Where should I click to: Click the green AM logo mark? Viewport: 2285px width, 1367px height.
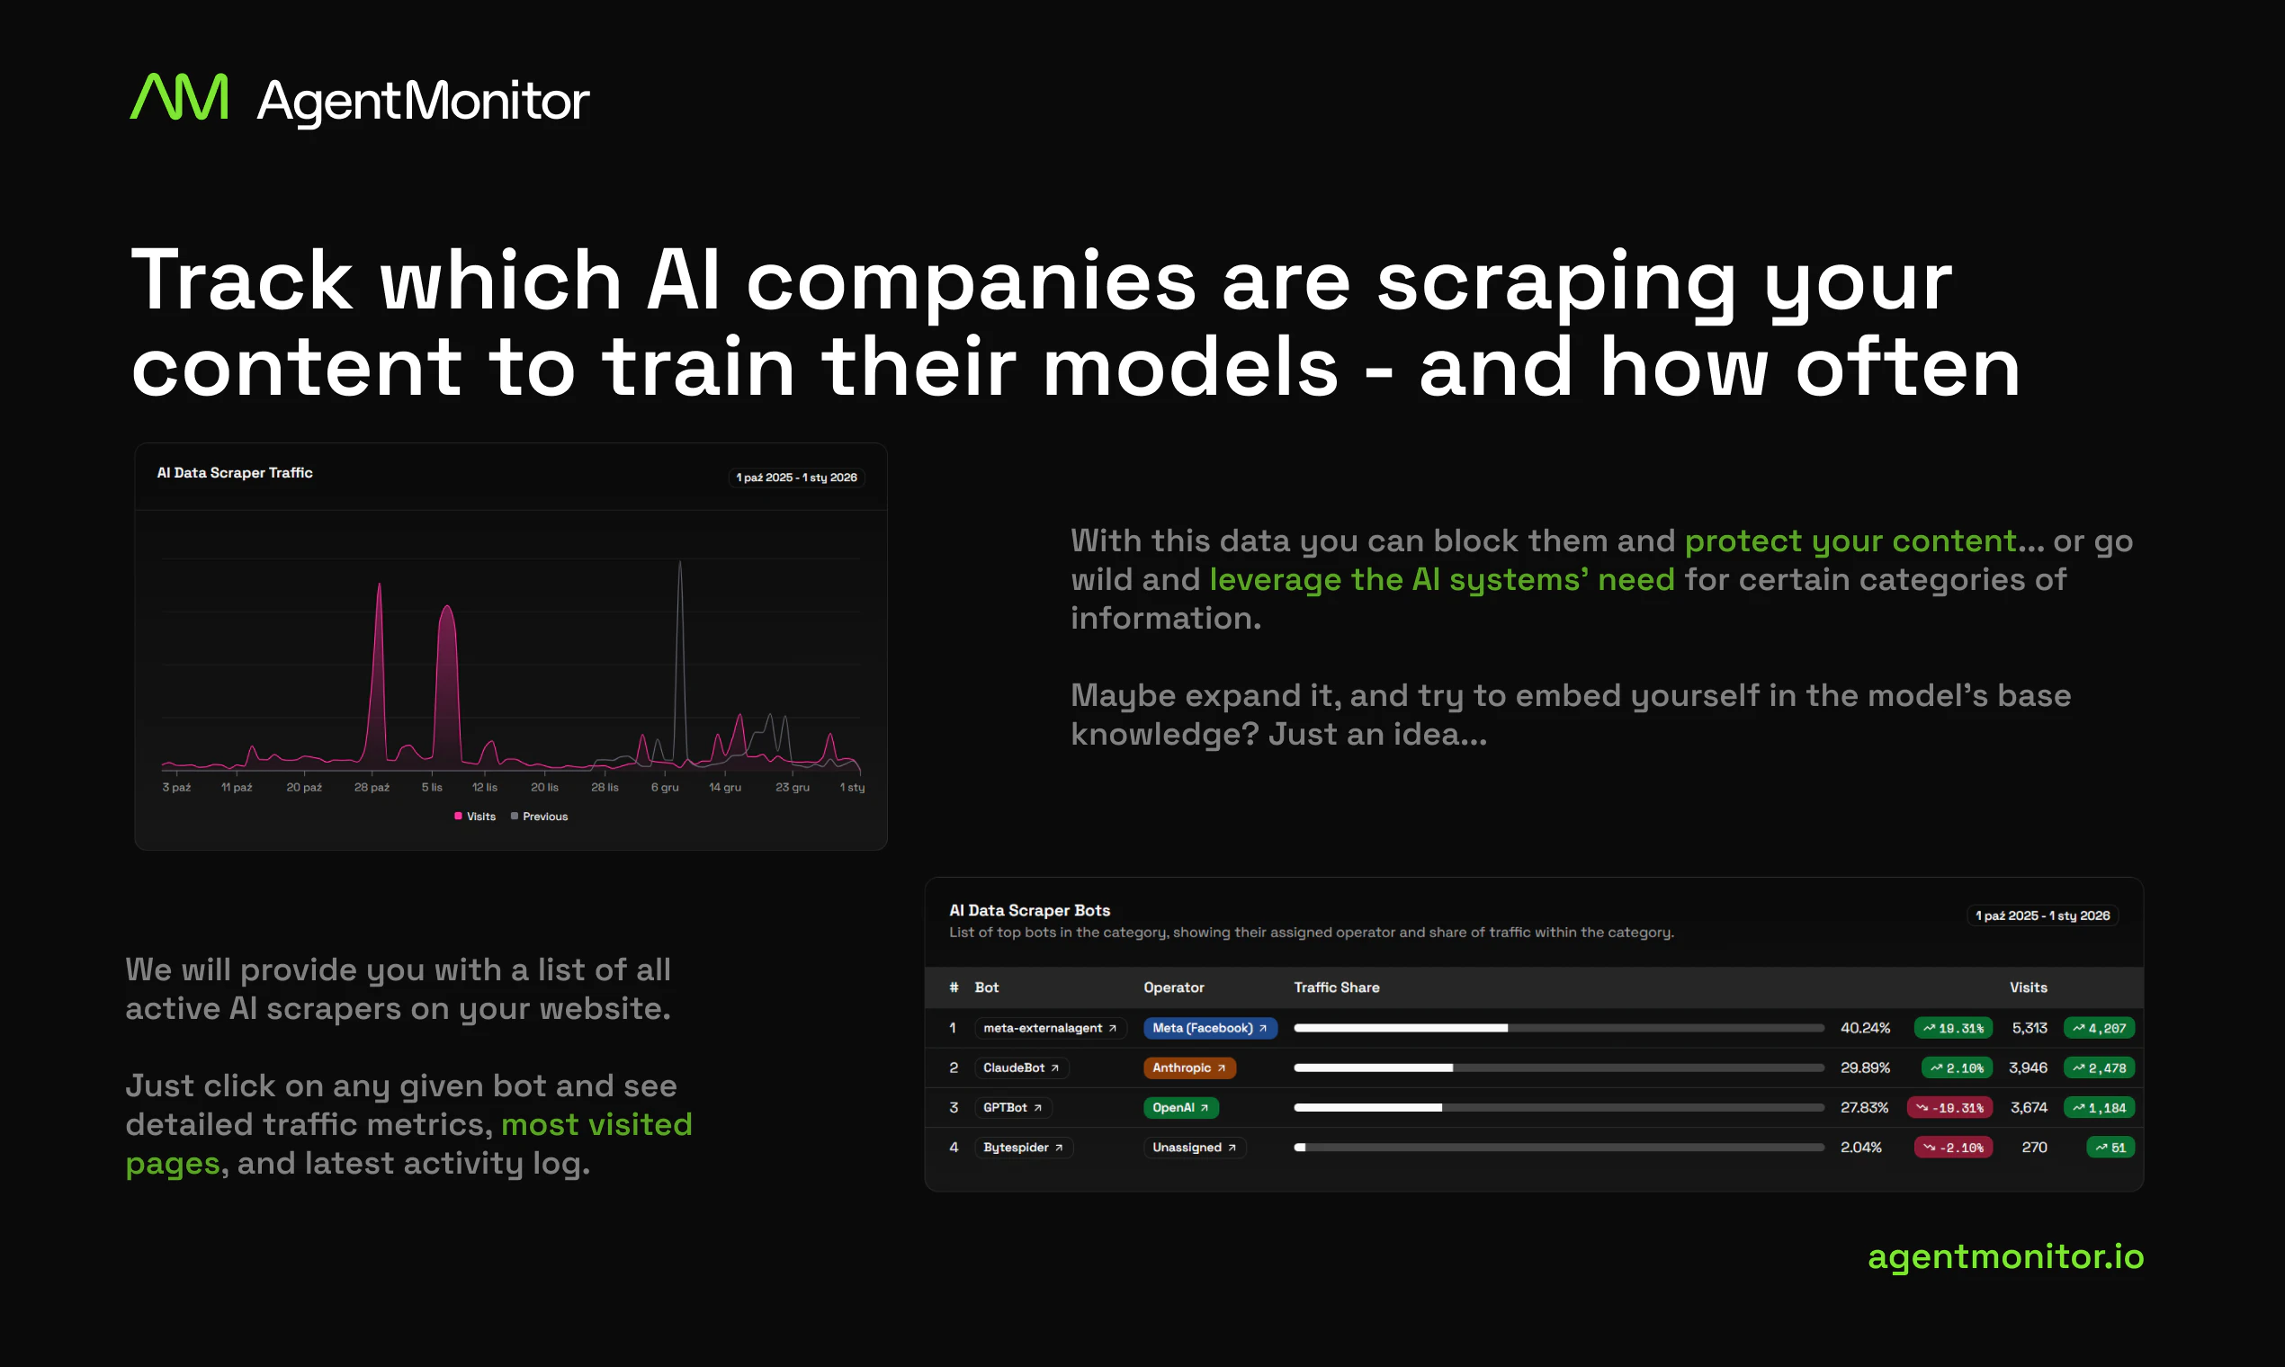[179, 97]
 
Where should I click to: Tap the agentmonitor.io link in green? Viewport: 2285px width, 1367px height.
[2006, 1256]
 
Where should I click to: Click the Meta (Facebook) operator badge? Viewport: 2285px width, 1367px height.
[1210, 1028]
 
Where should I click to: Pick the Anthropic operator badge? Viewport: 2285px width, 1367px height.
[1188, 1068]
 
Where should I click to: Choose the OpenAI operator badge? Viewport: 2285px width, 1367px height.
[1180, 1107]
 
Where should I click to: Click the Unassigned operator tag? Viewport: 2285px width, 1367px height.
[1194, 1147]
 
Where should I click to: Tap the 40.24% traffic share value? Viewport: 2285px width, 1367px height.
[1865, 1028]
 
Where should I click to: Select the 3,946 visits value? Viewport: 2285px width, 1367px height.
[2028, 1068]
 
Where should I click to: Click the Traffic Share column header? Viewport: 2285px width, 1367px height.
[1336, 987]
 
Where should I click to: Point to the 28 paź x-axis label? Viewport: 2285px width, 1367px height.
[372, 788]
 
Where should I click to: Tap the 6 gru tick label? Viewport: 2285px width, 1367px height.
[664, 788]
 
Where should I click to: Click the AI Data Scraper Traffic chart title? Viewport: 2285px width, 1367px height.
[235, 472]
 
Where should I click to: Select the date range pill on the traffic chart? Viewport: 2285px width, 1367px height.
[796, 478]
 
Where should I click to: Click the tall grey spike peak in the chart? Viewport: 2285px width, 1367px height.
[680, 562]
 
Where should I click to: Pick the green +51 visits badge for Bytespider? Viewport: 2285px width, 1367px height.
[2110, 1147]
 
